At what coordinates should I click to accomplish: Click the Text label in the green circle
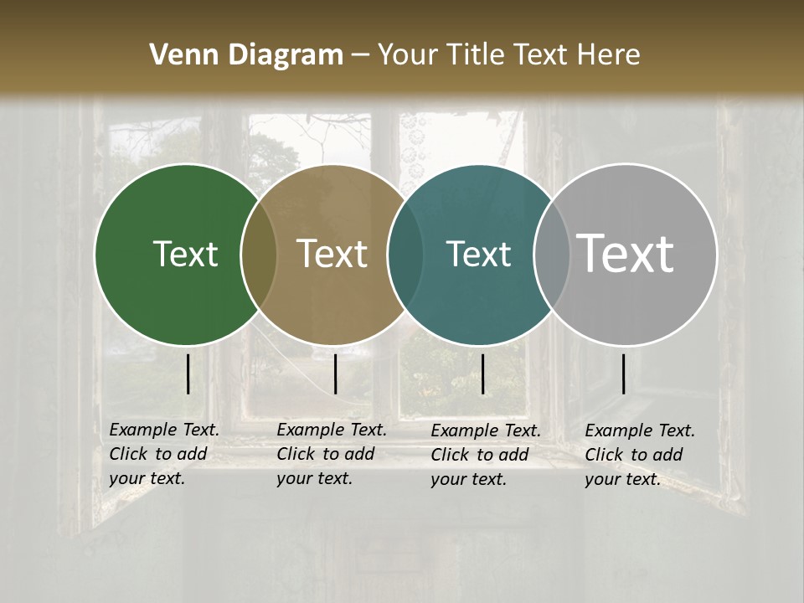[185, 254]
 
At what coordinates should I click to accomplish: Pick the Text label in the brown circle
[332, 254]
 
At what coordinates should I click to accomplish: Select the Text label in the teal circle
[478, 254]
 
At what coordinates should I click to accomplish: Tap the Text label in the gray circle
[626, 253]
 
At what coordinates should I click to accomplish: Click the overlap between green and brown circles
[258, 254]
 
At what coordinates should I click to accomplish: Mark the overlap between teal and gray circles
[552, 254]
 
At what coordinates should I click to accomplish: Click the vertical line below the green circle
[188, 374]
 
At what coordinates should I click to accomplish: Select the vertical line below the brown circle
[335, 374]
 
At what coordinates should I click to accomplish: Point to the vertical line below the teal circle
[482, 374]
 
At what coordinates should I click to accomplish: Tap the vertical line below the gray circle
[624, 374]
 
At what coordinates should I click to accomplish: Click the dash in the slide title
[360, 55]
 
